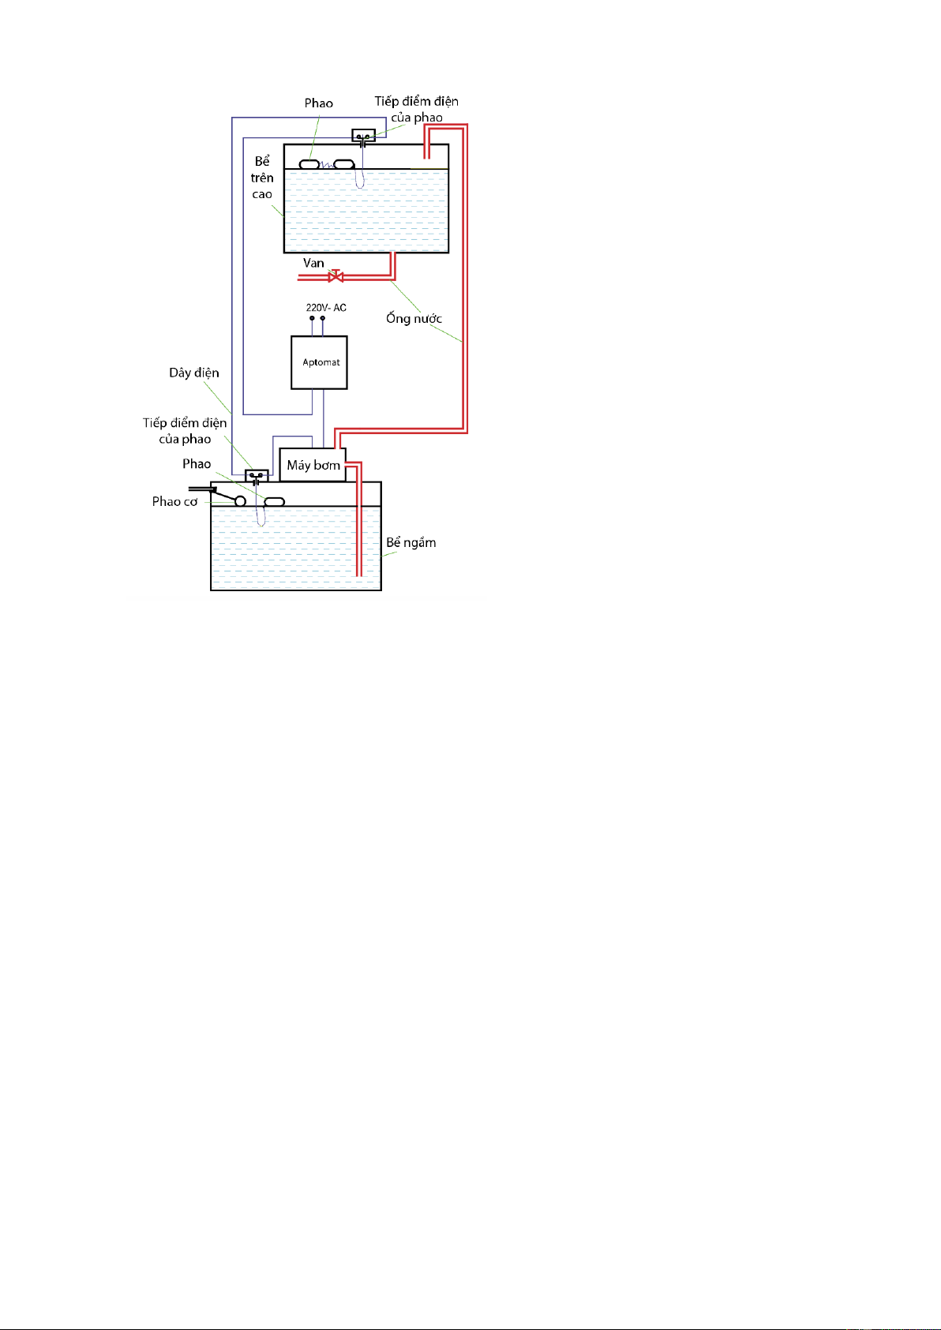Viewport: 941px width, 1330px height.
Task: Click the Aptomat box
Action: (x=319, y=362)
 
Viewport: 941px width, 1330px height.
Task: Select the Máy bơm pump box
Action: (x=313, y=465)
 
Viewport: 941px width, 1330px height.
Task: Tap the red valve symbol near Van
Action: (x=336, y=275)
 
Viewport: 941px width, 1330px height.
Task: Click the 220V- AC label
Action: (x=326, y=308)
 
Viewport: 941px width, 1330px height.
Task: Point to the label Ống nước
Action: (x=414, y=318)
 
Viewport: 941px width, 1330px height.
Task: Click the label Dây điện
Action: (x=194, y=373)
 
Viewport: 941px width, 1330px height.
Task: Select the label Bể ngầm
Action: (x=411, y=542)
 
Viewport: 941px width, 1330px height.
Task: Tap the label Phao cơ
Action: (x=174, y=501)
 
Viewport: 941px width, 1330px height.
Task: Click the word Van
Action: (x=313, y=263)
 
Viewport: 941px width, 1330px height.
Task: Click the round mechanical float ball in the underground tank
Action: (x=240, y=501)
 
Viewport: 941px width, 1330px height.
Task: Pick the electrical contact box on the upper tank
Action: (x=363, y=137)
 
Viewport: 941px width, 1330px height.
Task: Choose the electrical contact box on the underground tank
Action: (x=257, y=476)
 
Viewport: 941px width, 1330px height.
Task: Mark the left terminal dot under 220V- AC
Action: (x=313, y=318)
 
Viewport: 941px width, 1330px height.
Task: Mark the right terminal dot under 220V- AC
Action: (x=322, y=318)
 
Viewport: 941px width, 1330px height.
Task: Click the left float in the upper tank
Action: (x=309, y=164)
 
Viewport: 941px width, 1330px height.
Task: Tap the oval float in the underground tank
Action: (x=274, y=502)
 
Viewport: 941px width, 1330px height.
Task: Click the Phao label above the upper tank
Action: (x=318, y=103)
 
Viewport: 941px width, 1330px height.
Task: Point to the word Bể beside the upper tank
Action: (x=262, y=161)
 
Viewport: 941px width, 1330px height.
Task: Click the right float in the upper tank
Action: (x=343, y=164)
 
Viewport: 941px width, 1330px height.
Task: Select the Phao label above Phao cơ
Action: (x=197, y=463)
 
